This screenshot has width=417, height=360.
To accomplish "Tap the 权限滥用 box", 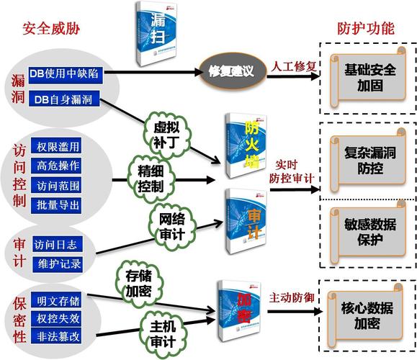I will coord(58,147).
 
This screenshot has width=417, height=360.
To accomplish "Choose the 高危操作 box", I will coord(58,166).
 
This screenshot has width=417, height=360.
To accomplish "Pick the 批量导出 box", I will coord(58,205).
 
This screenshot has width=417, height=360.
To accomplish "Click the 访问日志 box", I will coord(58,243).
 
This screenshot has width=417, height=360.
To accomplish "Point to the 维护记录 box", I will coord(58,264).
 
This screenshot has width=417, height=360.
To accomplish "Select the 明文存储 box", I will coord(58,300).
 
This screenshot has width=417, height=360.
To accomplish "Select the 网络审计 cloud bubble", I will coord(172,224).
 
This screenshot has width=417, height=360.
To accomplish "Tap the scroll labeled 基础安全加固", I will coord(368,78).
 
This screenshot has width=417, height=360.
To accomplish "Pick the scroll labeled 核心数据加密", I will coord(368,315).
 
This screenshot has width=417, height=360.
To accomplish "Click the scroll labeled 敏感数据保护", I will coord(368,232).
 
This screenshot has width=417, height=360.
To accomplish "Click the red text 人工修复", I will coord(294,66).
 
